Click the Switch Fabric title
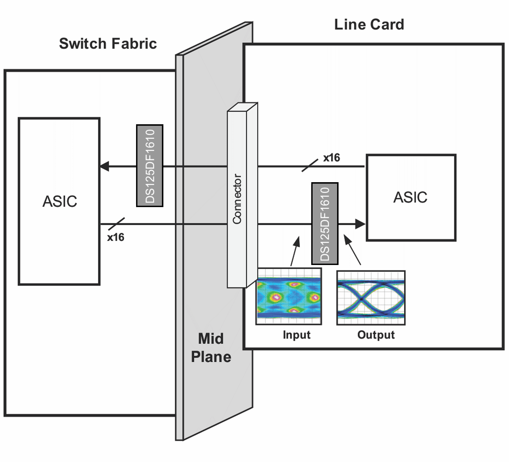click(108, 44)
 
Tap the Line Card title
click(369, 25)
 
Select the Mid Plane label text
click(211, 348)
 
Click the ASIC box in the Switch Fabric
click(59, 201)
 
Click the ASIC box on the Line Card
click(411, 198)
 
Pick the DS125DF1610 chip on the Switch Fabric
click(150, 166)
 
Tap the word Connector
click(237, 199)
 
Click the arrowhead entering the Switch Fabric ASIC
click(105, 166)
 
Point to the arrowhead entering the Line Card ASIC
click(360, 224)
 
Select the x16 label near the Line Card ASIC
click(331, 158)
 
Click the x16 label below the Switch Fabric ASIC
click(116, 237)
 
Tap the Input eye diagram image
click(289, 296)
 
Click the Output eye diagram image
click(371, 298)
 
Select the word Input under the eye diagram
click(296, 335)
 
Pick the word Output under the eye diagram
click(376, 335)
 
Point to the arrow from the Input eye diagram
click(295, 251)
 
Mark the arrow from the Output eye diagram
click(352, 250)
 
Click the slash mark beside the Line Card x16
click(310, 165)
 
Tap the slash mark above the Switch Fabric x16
click(117, 224)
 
